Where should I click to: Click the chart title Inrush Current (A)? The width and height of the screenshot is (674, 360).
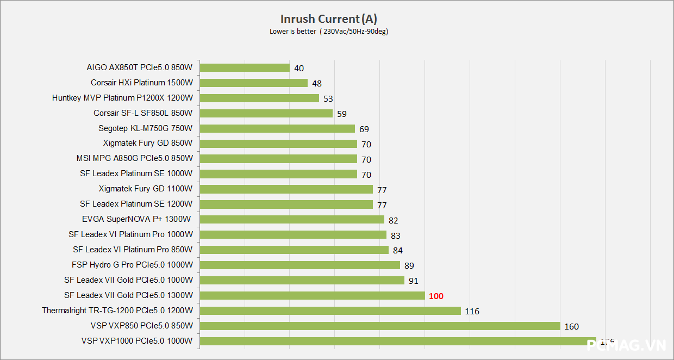pyautogui.click(x=329, y=20)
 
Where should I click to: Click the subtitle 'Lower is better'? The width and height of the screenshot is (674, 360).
pyautogui.click(x=292, y=32)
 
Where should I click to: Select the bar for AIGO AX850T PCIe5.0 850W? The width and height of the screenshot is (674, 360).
pyautogui.click(x=245, y=68)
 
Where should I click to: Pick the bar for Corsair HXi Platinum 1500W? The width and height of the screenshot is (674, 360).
pyautogui.click(x=254, y=83)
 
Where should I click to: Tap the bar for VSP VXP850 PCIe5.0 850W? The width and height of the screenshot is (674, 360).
pyautogui.click(x=380, y=326)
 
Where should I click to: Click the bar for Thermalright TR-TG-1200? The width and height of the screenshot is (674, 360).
pyautogui.click(x=330, y=311)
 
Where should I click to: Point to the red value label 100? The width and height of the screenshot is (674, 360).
pyautogui.click(x=436, y=296)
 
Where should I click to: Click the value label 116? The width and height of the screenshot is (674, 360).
pyautogui.click(x=472, y=312)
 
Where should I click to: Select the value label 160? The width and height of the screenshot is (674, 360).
pyautogui.click(x=571, y=327)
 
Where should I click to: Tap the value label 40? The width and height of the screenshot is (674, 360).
pyautogui.click(x=298, y=69)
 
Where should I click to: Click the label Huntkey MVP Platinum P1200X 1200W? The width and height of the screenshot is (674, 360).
pyautogui.click(x=122, y=98)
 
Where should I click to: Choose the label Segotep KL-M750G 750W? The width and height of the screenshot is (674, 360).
pyautogui.click(x=145, y=128)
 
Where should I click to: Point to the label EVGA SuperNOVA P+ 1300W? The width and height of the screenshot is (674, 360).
pyautogui.click(x=136, y=220)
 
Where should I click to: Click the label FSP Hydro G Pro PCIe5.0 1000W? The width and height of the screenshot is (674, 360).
pyautogui.click(x=132, y=265)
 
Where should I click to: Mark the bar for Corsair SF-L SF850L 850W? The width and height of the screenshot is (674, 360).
pyautogui.click(x=266, y=114)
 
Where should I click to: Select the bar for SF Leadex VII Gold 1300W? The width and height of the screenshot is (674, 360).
pyautogui.click(x=313, y=296)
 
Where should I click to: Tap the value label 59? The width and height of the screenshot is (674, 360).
pyautogui.click(x=341, y=114)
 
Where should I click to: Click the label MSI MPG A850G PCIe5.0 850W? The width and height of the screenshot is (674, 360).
pyautogui.click(x=134, y=159)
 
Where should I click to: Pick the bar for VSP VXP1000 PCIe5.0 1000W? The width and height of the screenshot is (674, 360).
pyautogui.click(x=398, y=342)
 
